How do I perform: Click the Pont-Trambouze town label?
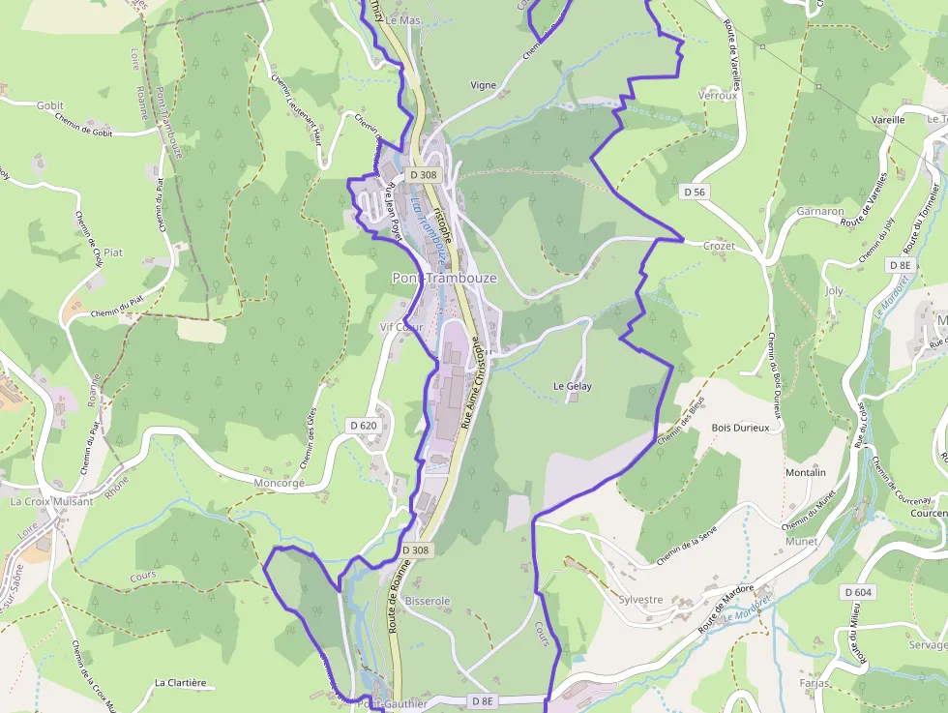tap(444, 278)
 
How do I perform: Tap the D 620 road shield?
tap(364, 425)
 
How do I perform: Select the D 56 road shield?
tap(695, 193)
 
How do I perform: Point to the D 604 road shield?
tap(858, 592)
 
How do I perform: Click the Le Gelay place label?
tap(572, 386)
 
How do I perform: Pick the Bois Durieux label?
tap(740, 427)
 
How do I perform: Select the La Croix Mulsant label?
tap(51, 501)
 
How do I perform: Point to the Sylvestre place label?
tap(640, 599)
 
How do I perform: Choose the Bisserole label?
tap(428, 601)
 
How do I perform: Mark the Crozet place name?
tap(719, 246)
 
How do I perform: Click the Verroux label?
tap(717, 96)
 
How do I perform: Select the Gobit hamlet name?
tap(49, 105)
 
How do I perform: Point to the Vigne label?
tap(483, 85)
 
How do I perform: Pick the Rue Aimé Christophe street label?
tap(471, 382)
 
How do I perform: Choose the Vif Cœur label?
tap(401, 327)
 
